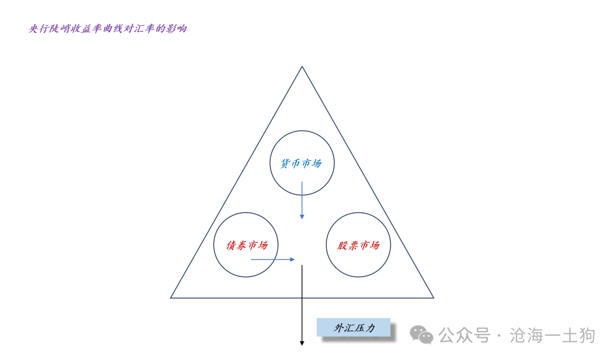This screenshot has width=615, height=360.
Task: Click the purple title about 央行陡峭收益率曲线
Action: click(108, 28)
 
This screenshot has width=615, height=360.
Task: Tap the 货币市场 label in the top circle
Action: click(301, 163)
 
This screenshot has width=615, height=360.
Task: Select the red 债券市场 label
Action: click(247, 246)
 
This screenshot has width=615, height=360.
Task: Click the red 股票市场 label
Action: click(359, 246)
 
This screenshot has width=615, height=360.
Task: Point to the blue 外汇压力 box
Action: click(354, 328)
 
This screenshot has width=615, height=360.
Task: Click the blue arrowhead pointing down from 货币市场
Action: click(302, 216)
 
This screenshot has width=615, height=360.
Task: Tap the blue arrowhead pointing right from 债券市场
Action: click(292, 259)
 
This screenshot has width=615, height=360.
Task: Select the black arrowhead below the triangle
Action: click(302, 343)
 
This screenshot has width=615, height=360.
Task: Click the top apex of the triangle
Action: click(302, 67)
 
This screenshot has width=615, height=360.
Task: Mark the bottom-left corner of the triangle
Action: click(171, 298)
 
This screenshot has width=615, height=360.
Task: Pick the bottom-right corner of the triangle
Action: click(434, 298)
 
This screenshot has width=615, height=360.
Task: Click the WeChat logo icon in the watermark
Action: click(421, 335)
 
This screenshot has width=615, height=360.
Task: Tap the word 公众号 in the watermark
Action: click(465, 336)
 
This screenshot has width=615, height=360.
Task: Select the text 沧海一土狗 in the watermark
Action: click(552, 336)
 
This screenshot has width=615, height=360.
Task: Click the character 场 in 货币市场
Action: click(317, 163)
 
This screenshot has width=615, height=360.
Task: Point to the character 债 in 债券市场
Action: click(231, 246)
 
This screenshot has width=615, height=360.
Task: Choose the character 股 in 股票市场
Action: click(342, 246)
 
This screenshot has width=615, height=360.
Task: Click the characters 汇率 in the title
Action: click(144, 28)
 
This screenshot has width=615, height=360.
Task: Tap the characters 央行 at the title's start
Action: click(39, 28)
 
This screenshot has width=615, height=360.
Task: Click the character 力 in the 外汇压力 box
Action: click(370, 328)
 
